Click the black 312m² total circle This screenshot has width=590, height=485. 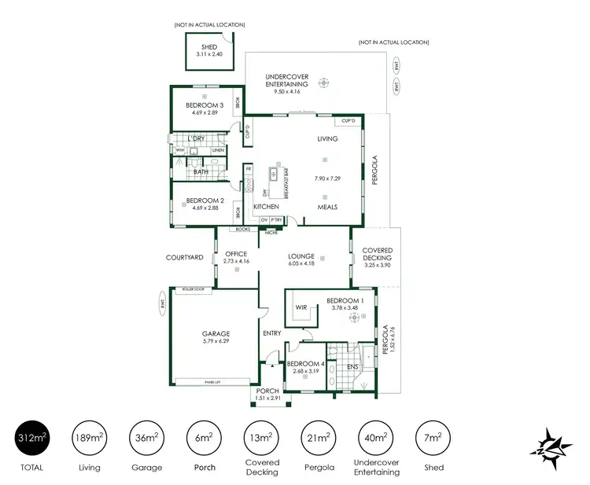click(x=32, y=438)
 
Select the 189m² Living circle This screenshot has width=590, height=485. click(x=90, y=438)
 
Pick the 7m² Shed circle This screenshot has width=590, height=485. click(x=433, y=438)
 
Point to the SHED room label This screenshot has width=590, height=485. click(x=209, y=47)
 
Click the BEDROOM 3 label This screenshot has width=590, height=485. click(x=205, y=105)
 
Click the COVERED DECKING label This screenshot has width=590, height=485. click(x=377, y=255)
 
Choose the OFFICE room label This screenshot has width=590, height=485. click(x=236, y=254)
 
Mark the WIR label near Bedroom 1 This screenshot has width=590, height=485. click(x=301, y=307)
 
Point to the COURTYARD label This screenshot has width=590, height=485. click(x=185, y=257)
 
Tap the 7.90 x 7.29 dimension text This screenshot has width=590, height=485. click(x=327, y=178)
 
